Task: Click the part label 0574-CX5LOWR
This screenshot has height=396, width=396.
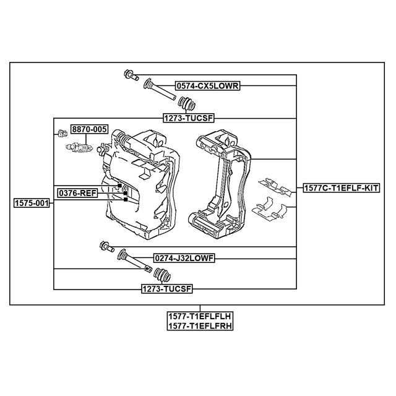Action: click(x=207, y=86)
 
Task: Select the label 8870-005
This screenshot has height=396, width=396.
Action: click(x=89, y=129)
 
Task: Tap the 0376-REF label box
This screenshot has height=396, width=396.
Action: click(x=77, y=193)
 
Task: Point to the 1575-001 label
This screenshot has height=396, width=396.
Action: click(x=32, y=203)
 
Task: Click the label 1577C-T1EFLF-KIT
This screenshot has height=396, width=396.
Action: click(x=342, y=188)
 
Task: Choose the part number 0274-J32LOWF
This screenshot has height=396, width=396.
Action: click(x=184, y=258)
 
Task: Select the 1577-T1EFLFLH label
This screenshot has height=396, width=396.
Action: click(x=200, y=316)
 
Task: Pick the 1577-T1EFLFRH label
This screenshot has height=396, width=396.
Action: click(x=200, y=325)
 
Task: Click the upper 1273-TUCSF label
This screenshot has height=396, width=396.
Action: click(x=189, y=118)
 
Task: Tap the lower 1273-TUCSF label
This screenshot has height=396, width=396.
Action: click(x=167, y=288)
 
